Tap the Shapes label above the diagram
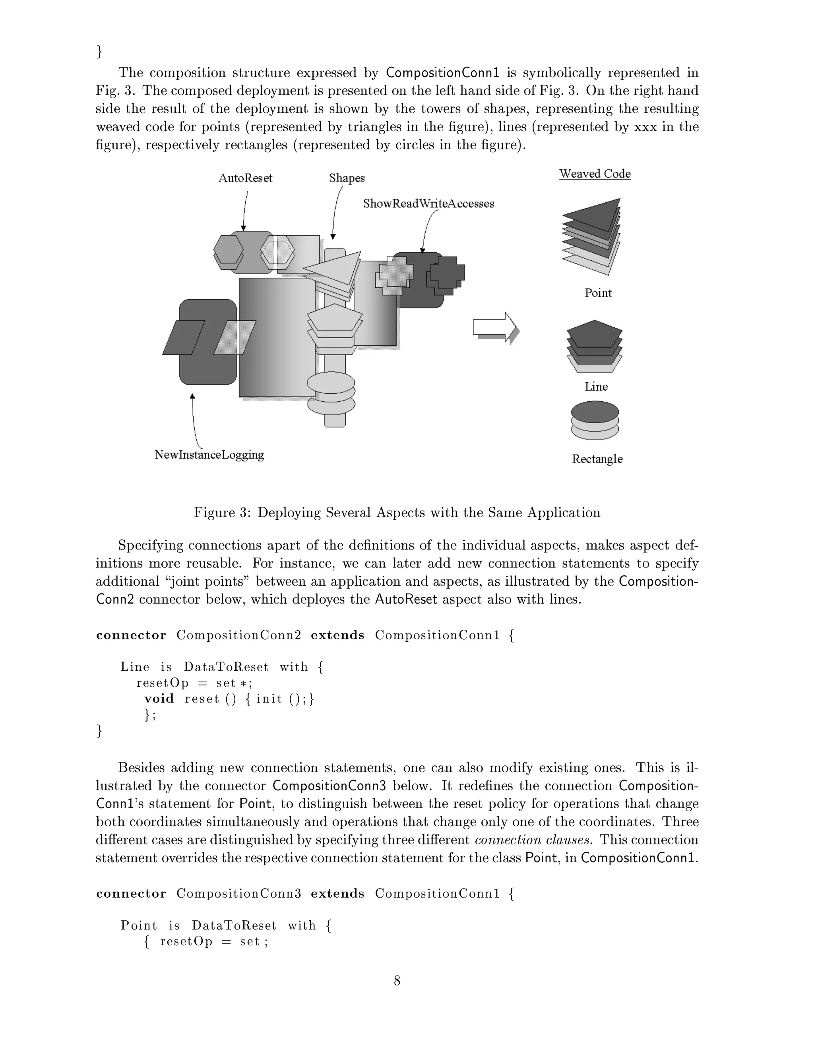pyautogui.click(x=347, y=178)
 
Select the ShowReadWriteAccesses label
pyautogui.click(x=428, y=203)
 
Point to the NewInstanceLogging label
pyautogui.click(x=209, y=455)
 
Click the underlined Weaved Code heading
pyautogui.click(x=595, y=174)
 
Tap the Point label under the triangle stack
pyautogui.click(x=598, y=293)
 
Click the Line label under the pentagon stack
pyautogui.click(x=596, y=386)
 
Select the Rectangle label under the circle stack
pyautogui.click(x=597, y=459)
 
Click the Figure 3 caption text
pyautogui.click(x=397, y=512)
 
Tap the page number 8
pyautogui.click(x=397, y=980)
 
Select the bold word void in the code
pyautogui.click(x=159, y=699)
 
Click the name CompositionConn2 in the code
pyautogui.click(x=239, y=635)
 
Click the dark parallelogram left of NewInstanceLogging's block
pyautogui.click(x=183, y=337)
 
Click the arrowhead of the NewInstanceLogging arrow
pyautogui.click(x=192, y=396)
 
